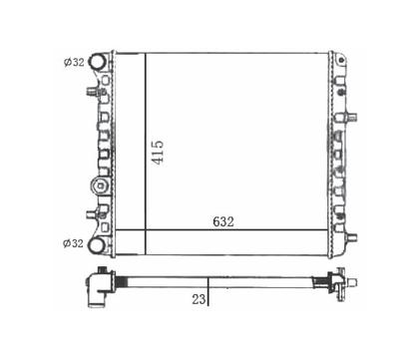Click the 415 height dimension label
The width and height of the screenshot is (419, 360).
[x=158, y=153]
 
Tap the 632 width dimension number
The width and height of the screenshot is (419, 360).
[x=223, y=221]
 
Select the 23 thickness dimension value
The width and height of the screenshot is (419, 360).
[x=199, y=299]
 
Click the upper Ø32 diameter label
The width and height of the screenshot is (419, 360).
[x=74, y=62]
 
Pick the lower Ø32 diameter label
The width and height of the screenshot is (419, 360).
[x=73, y=243]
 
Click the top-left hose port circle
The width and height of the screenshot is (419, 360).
[x=98, y=62]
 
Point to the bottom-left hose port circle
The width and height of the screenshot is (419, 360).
[x=97, y=245]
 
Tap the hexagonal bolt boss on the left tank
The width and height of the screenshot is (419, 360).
[x=101, y=186]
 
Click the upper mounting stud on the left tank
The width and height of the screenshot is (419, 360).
[x=93, y=91]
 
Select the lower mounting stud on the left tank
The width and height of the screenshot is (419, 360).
[x=93, y=214]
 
